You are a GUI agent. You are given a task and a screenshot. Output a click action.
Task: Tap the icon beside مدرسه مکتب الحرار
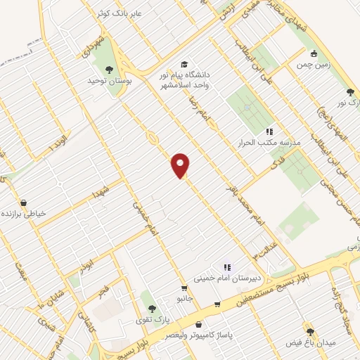[268, 131]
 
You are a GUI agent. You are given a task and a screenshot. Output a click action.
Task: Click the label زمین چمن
[313, 65]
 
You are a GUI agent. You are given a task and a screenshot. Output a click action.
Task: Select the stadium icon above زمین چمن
[314, 53]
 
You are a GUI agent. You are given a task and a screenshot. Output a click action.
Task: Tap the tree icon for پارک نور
[350, 91]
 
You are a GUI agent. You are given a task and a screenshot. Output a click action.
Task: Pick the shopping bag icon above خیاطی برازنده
[24, 202]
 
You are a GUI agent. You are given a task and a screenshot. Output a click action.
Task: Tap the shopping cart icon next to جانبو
[184, 288]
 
